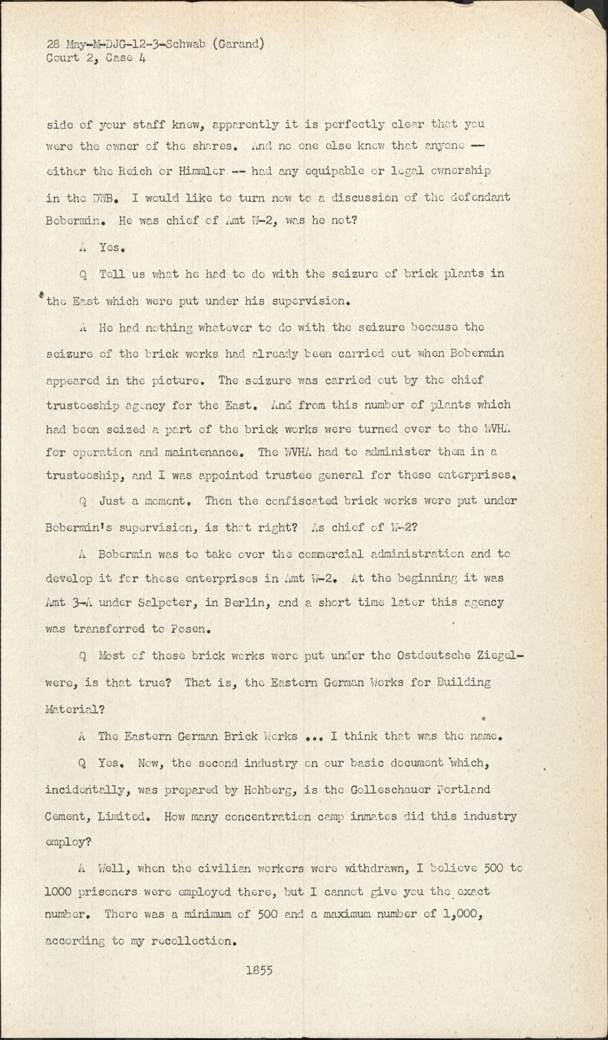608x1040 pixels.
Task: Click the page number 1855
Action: tap(260, 970)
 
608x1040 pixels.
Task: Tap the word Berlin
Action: tap(244, 603)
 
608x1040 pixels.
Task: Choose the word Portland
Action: tap(466, 790)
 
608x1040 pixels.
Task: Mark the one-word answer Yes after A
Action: tap(111, 248)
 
